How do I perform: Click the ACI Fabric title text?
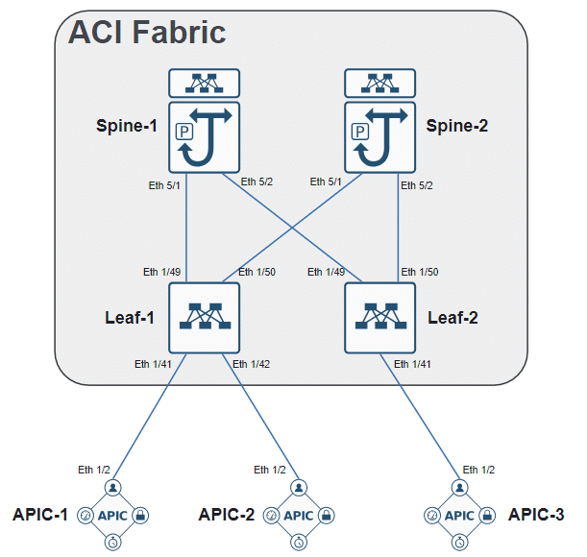(x=147, y=32)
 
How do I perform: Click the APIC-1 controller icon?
(x=112, y=516)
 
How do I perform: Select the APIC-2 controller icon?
(x=300, y=516)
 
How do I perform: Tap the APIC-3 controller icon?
(x=460, y=516)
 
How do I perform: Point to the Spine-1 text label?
(x=127, y=125)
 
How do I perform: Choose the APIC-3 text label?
(x=535, y=514)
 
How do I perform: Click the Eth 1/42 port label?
(x=252, y=364)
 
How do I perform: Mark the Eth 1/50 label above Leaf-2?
(x=420, y=272)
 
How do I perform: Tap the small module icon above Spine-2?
(x=380, y=84)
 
